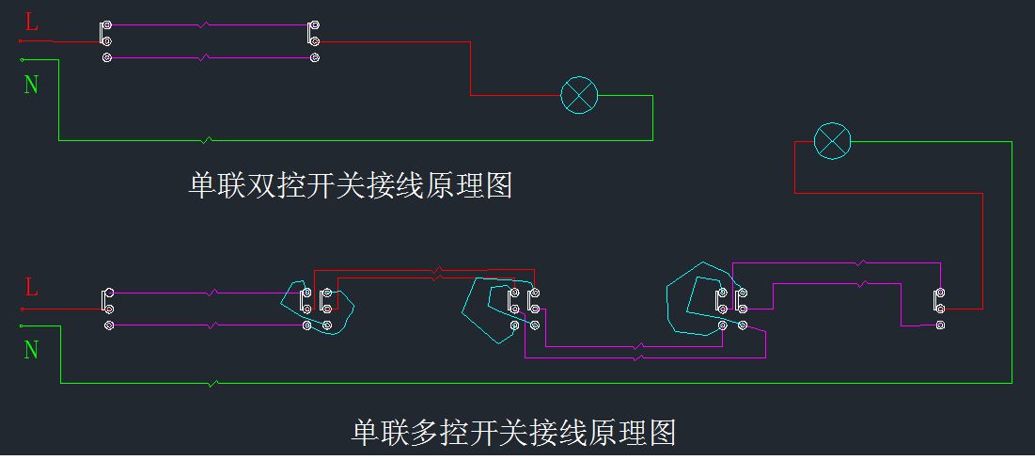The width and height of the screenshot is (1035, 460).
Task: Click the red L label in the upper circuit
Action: (x=31, y=23)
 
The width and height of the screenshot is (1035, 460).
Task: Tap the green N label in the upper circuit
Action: (x=31, y=85)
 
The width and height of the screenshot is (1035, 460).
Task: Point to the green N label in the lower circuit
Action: (x=31, y=350)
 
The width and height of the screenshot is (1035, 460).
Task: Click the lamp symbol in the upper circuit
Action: (x=579, y=96)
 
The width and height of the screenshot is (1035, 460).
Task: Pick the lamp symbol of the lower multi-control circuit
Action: (x=831, y=141)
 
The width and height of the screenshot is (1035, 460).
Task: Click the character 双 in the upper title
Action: (x=258, y=185)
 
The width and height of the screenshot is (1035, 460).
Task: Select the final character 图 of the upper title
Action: (x=498, y=185)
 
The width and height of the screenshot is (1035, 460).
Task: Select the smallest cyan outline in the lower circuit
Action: (x=318, y=303)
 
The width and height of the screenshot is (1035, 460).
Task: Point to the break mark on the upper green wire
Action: (x=208, y=140)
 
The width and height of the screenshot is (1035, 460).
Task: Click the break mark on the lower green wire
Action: (x=215, y=383)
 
